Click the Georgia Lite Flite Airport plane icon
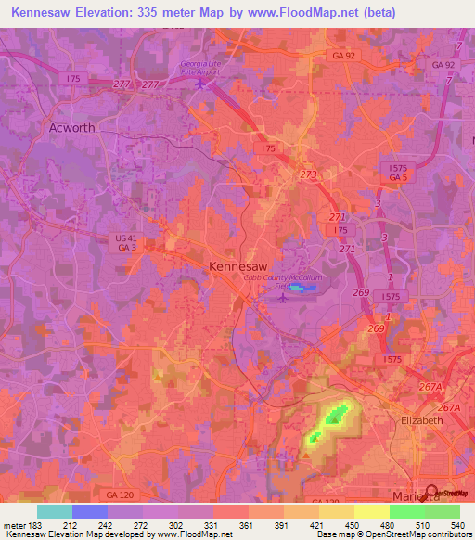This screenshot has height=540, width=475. click(x=201, y=84)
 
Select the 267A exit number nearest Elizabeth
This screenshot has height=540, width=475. click(x=449, y=408)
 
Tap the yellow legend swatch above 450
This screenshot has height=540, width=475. click(x=372, y=511)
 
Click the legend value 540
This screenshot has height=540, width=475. click(x=456, y=524)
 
